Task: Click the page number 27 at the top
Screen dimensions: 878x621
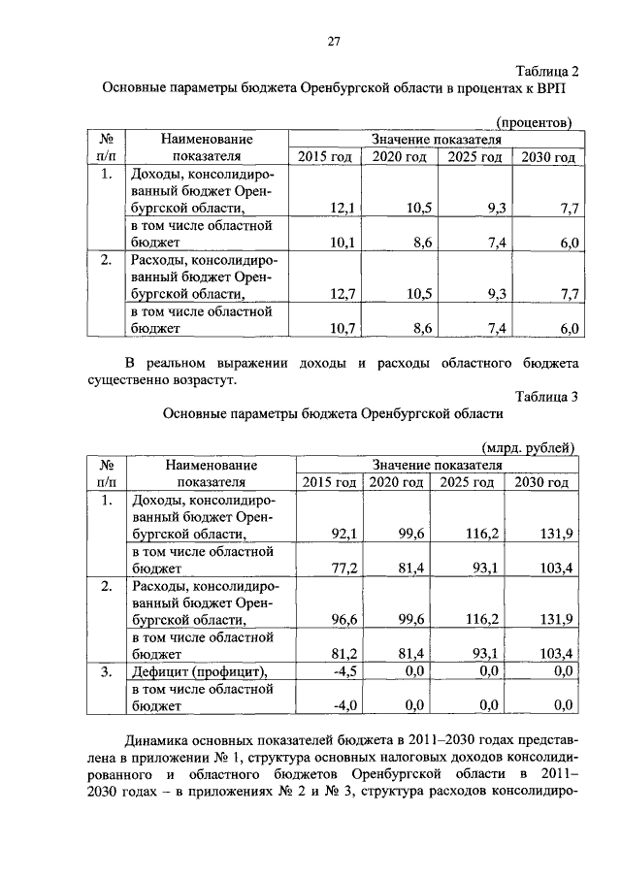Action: pyautogui.click(x=331, y=41)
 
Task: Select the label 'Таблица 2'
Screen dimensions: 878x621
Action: pyautogui.click(x=546, y=71)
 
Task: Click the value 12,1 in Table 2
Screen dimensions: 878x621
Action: pyautogui.click(x=343, y=208)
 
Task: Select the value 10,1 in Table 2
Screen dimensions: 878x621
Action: pyautogui.click(x=343, y=243)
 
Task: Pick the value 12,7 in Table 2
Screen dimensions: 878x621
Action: pyautogui.click(x=343, y=293)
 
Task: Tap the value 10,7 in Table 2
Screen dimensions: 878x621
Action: pyautogui.click(x=343, y=329)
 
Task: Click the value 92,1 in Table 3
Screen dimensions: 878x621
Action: pyautogui.click(x=345, y=533)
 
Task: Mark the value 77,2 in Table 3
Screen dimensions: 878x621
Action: pyautogui.click(x=345, y=569)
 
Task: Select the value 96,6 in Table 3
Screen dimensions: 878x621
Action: pyautogui.click(x=345, y=619)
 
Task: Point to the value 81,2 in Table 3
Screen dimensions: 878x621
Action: pyautogui.click(x=345, y=654)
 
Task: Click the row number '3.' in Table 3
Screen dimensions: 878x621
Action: pyautogui.click(x=107, y=671)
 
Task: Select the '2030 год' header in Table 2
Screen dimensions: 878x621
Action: pyautogui.click(x=548, y=157)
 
